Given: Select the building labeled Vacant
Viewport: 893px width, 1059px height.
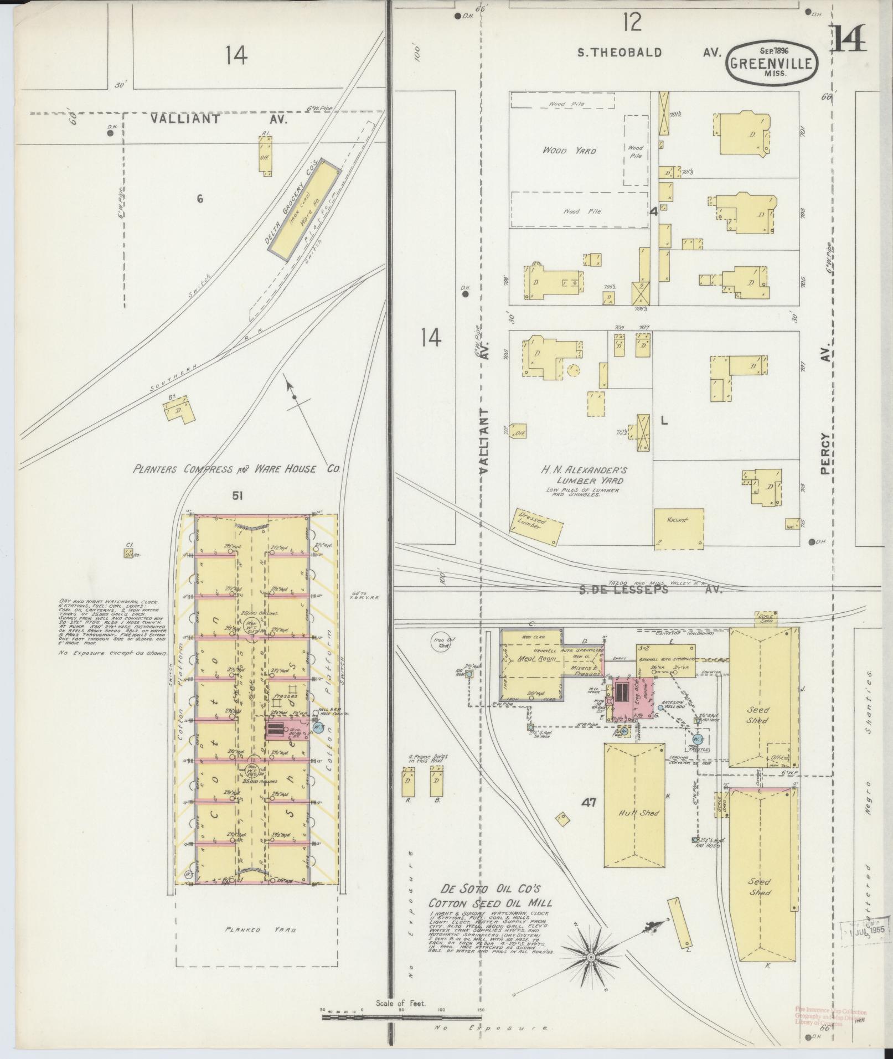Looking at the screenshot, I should click(x=679, y=528).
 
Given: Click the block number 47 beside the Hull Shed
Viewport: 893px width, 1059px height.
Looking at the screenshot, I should click(x=589, y=803).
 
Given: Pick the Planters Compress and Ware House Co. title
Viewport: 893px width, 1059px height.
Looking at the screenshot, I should click(x=235, y=469).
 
